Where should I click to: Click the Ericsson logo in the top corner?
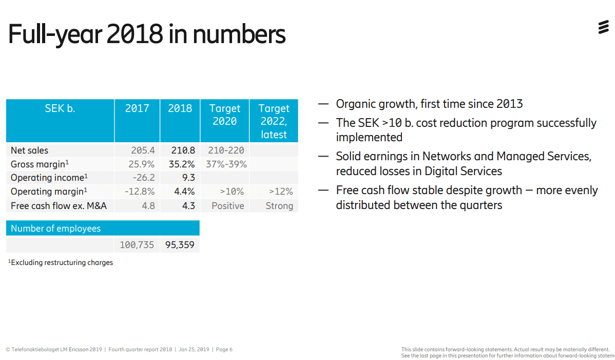click(603, 28)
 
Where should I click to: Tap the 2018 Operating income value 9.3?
click(188, 178)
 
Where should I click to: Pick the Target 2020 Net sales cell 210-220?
click(226, 150)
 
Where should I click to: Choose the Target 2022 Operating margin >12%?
click(281, 192)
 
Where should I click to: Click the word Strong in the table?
click(279, 206)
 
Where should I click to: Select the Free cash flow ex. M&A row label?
click(59, 206)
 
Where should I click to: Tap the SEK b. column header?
click(60, 108)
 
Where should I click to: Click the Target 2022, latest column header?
click(274, 121)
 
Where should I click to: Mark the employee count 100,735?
click(137, 245)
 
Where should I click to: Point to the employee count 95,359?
click(180, 245)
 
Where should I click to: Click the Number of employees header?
click(55, 229)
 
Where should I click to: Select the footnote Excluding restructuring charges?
click(62, 262)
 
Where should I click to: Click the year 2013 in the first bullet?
click(509, 104)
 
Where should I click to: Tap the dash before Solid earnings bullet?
click(323, 157)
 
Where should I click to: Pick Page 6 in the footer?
click(224, 350)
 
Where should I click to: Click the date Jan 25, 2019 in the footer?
click(194, 350)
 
